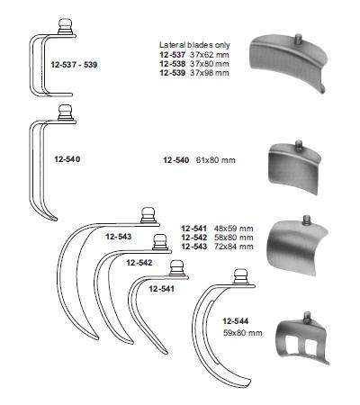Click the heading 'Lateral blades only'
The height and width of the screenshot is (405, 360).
(194, 45)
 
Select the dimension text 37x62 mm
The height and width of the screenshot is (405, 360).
(210, 55)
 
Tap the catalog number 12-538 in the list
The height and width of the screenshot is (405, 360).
(173, 64)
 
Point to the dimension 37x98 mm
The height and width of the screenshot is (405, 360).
(210, 73)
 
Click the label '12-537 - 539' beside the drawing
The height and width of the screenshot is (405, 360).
(74, 65)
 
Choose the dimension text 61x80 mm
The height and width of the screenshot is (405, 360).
(216, 160)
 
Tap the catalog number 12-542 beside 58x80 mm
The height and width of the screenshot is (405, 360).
(194, 238)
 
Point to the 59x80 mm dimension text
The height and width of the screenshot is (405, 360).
(243, 333)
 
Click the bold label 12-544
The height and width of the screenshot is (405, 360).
(236, 321)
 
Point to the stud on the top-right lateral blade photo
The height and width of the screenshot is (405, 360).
(298, 39)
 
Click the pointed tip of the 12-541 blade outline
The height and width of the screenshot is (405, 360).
(166, 353)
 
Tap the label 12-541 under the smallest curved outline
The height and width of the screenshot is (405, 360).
(161, 289)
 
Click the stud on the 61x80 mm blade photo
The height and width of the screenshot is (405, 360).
(299, 146)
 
